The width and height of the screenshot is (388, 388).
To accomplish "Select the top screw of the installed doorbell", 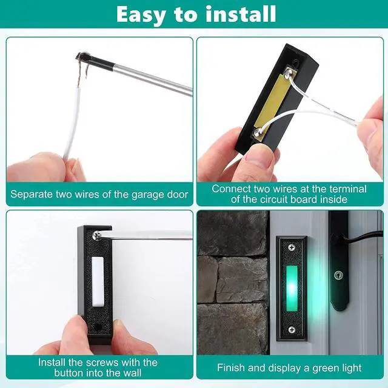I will pos(291,247).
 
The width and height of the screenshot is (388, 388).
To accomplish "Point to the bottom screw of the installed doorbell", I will pos(292,329).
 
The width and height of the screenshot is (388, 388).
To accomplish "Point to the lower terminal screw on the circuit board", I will pos(258,130).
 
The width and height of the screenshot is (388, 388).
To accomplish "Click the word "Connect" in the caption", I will pos(230,189).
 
